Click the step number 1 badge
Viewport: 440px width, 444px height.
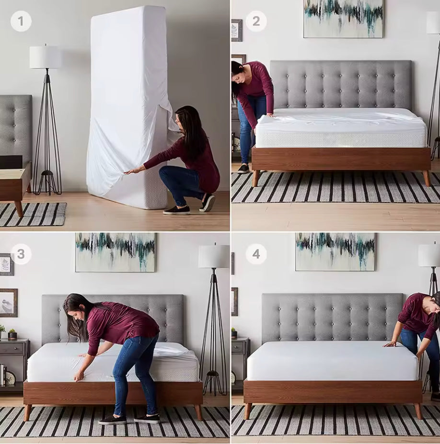21,21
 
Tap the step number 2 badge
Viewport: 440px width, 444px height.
256,21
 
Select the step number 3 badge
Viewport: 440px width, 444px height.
21,254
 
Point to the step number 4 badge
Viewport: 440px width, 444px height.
256,254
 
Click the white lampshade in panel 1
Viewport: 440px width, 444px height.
45,57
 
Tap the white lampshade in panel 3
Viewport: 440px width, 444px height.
214,257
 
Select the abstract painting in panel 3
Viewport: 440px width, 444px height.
115,252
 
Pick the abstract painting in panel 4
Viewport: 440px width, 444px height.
335,252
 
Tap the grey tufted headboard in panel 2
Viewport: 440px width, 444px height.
341,84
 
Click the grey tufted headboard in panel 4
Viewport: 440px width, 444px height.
332,316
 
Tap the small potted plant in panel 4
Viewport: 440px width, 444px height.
234,333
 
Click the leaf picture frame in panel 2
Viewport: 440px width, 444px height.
237,30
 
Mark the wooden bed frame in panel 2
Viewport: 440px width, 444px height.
341,159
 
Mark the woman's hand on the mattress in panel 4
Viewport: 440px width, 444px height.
390,344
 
